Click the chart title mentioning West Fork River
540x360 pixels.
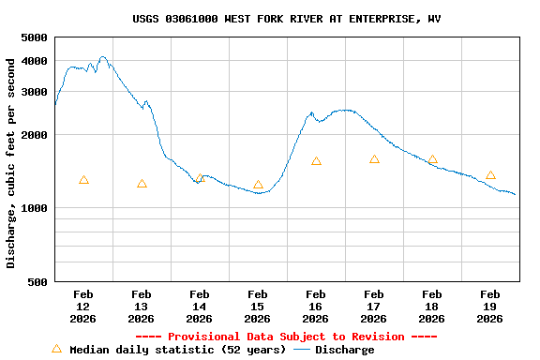pyautogui.click(x=286, y=19)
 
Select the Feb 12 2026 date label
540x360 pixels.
pyautogui.click(x=83, y=307)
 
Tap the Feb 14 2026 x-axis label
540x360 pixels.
pyautogui.click(x=200, y=307)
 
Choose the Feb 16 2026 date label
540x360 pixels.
pyautogui.click(x=316, y=307)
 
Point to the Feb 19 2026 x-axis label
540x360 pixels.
pyautogui.click(x=490, y=307)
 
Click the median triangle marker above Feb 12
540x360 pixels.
pyautogui.click(x=83, y=180)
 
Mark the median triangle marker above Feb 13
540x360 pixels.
pyautogui.click(x=142, y=184)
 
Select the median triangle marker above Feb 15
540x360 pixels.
pyautogui.click(x=258, y=185)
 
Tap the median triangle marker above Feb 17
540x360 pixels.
pyautogui.click(x=374, y=159)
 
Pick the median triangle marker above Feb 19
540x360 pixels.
pyautogui.click(x=490, y=175)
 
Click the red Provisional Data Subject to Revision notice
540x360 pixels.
pyautogui.click(x=286, y=337)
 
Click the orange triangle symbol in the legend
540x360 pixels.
pyautogui.click(x=56, y=349)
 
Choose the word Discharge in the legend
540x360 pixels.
pyautogui.click(x=344, y=350)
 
